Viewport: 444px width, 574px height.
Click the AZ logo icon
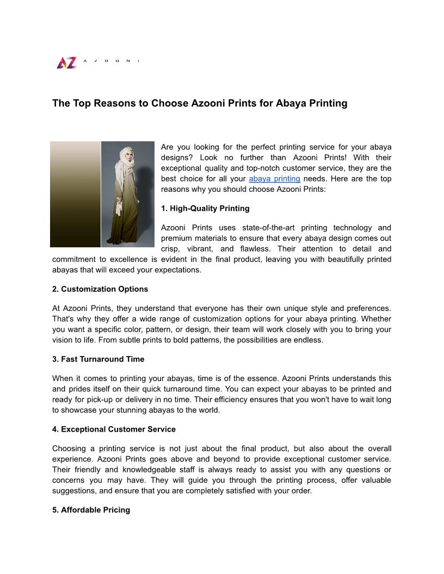[66, 63]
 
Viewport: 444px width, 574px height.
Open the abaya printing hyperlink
[274, 179]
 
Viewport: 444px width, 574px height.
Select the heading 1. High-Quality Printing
[205, 208]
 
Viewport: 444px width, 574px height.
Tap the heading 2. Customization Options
[100, 289]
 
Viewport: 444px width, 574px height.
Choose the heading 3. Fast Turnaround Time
[98, 359]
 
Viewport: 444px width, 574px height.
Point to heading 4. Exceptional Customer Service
[114, 429]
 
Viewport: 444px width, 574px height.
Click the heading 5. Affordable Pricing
[91, 510]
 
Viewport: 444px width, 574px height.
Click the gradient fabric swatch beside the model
[75, 194]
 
